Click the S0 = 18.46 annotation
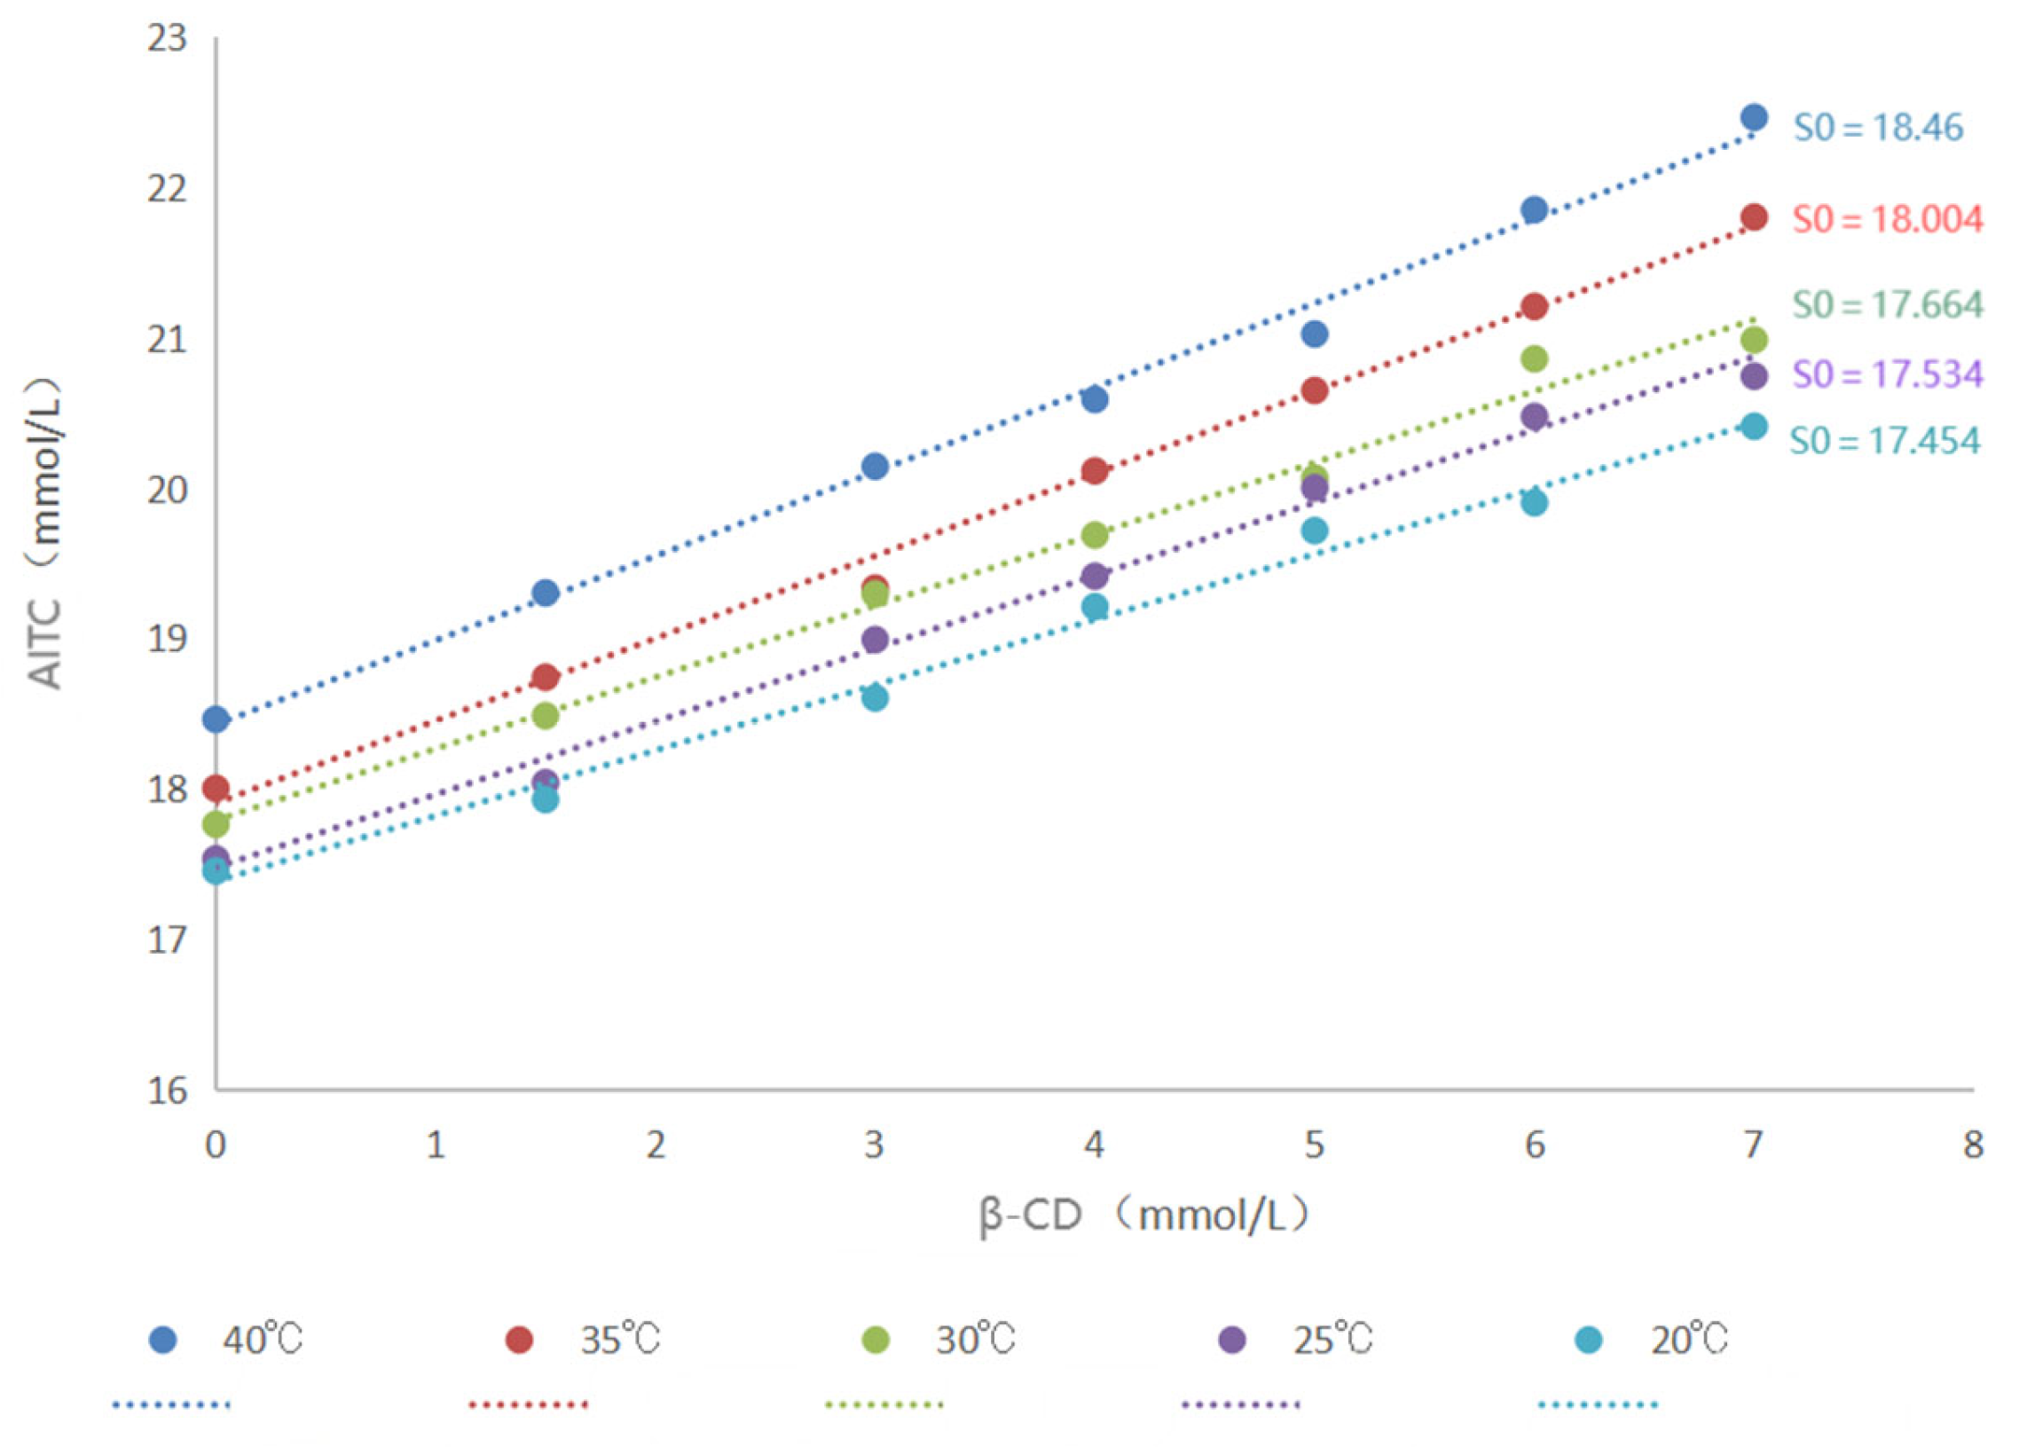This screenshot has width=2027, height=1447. (x=1876, y=128)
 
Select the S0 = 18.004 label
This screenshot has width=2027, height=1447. (x=1886, y=219)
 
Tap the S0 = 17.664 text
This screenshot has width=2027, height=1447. (x=1886, y=304)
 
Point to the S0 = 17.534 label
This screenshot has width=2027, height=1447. (x=1886, y=374)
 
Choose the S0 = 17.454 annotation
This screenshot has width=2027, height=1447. (x=1883, y=440)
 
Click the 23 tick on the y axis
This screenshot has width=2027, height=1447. (x=168, y=38)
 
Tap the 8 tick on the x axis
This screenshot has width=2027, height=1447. (x=1973, y=1145)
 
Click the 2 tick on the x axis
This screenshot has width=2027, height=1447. (x=655, y=1145)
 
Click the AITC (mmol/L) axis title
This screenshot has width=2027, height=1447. (x=43, y=535)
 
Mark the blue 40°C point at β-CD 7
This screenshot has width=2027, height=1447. (x=1754, y=117)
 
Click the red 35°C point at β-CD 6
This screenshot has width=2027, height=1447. (x=1534, y=306)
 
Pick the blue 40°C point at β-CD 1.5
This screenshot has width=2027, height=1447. (x=546, y=593)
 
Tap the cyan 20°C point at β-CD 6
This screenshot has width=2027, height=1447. (x=1534, y=502)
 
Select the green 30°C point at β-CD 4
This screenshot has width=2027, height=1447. (x=1094, y=536)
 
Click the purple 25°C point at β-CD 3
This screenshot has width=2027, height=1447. (x=875, y=639)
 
